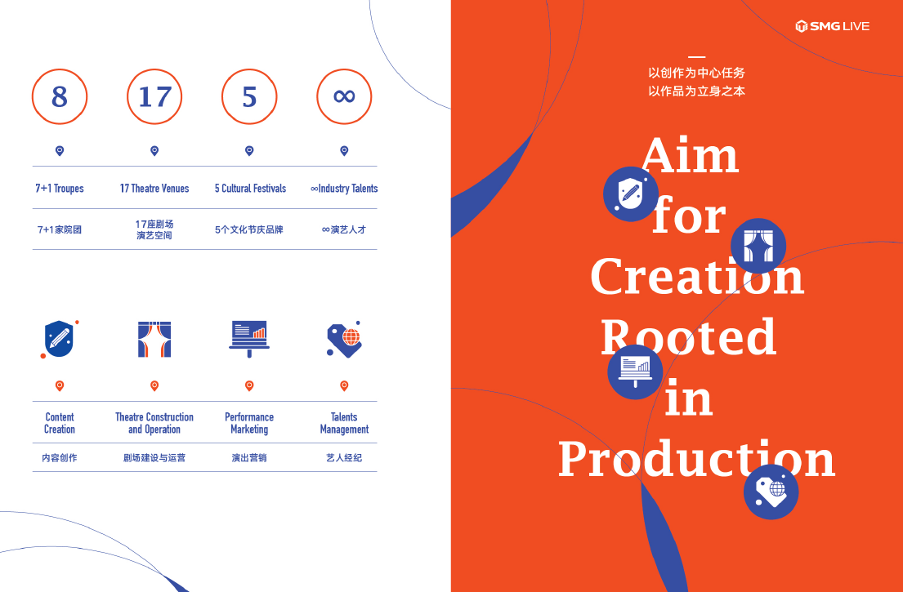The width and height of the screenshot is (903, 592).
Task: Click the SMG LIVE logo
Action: click(832, 26)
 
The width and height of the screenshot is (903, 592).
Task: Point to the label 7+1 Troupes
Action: click(60, 188)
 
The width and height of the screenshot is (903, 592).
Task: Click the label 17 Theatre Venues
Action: click(154, 188)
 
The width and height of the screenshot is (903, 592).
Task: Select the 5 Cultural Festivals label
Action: click(251, 188)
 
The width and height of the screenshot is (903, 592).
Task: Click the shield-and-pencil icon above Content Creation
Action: click(60, 340)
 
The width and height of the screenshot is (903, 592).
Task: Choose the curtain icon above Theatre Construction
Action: click(154, 340)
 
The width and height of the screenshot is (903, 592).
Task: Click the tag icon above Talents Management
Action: click(344, 340)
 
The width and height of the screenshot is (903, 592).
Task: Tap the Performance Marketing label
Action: click(249, 423)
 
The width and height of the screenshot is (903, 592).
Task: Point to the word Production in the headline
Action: click(697, 458)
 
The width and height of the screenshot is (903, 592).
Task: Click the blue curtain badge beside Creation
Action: click(758, 247)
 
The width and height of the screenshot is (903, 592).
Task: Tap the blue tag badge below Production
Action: click(771, 492)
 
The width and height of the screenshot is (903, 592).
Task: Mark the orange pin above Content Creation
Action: click(60, 385)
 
